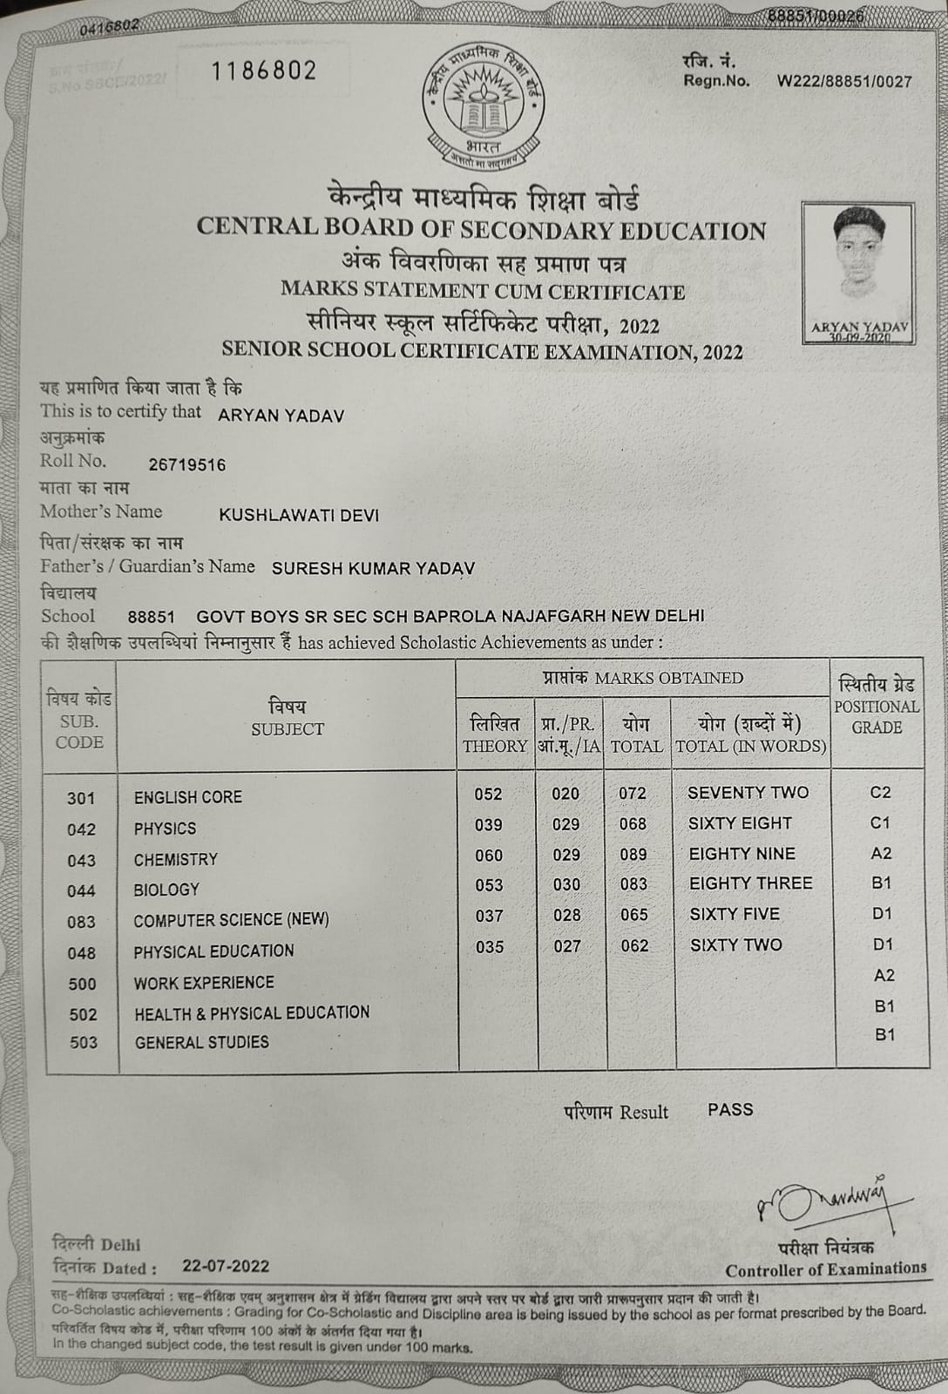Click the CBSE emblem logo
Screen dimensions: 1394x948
click(484, 106)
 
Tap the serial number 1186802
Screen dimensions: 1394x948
click(263, 71)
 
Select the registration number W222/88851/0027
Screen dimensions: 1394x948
click(843, 82)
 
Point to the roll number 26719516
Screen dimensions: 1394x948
click(187, 464)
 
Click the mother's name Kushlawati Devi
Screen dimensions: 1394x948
click(299, 515)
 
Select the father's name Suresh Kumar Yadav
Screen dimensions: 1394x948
click(373, 568)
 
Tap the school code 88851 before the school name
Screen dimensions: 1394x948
click(151, 617)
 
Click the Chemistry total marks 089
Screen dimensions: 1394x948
click(633, 855)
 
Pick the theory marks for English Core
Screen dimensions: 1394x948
click(488, 794)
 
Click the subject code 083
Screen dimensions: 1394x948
click(81, 922)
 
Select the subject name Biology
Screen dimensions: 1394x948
click(166, 890)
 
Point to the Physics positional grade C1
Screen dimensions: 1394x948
click(880, 823)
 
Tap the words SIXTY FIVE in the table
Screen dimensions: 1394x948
click(735, 914)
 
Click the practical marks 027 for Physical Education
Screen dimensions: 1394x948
click(567, 946)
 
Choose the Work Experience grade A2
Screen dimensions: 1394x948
click(884, 976)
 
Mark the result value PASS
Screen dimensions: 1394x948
click(730, 1110)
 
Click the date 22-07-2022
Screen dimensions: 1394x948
click(226, 1266)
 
